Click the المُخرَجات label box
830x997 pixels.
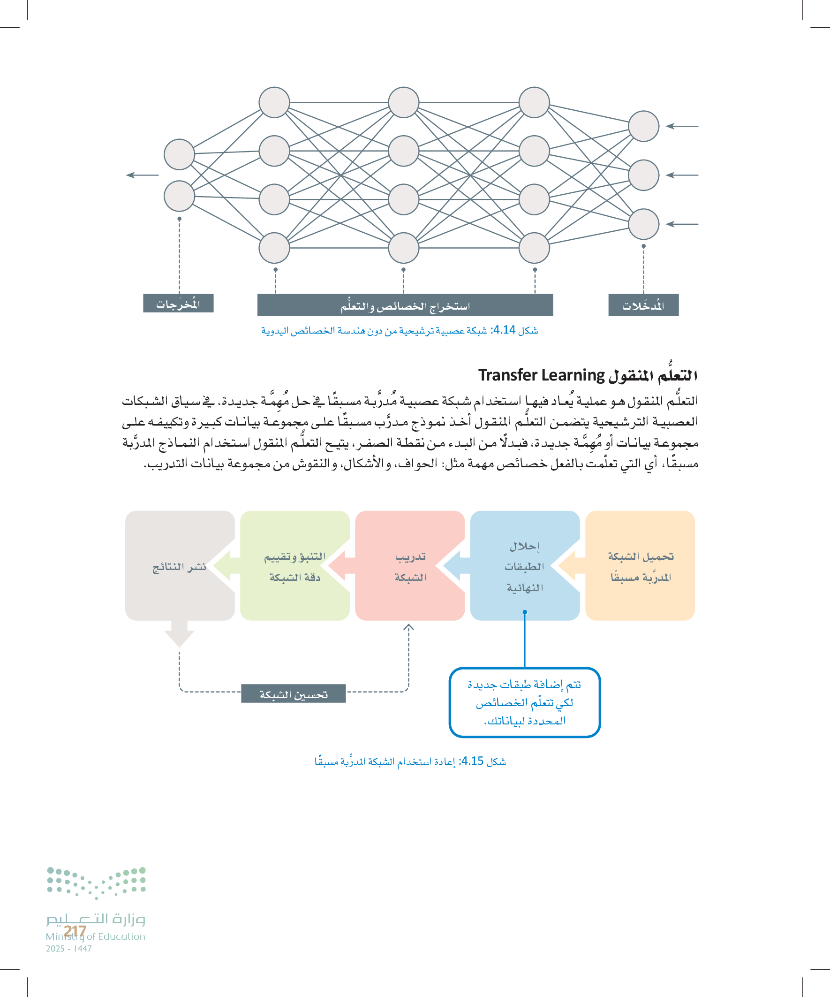178,303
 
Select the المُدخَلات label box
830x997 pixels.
643,305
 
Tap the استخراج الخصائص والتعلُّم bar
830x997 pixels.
405,305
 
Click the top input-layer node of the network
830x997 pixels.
643,126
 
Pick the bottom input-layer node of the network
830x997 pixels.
643,224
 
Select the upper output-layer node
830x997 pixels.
180,154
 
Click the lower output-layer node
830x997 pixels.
180,196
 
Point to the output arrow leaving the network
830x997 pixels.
143,175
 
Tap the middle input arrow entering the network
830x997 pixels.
681,175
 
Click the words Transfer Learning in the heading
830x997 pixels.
541,375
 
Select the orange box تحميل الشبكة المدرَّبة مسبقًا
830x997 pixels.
640,565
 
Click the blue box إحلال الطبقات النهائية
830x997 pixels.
524,565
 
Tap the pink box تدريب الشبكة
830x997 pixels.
410,565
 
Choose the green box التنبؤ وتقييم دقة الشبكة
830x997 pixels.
294,565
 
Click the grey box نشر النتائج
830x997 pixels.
180,565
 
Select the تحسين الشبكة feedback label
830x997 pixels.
293,693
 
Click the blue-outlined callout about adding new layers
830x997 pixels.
524,702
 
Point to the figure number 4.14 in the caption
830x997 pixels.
504,330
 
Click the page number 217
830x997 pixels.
75,931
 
